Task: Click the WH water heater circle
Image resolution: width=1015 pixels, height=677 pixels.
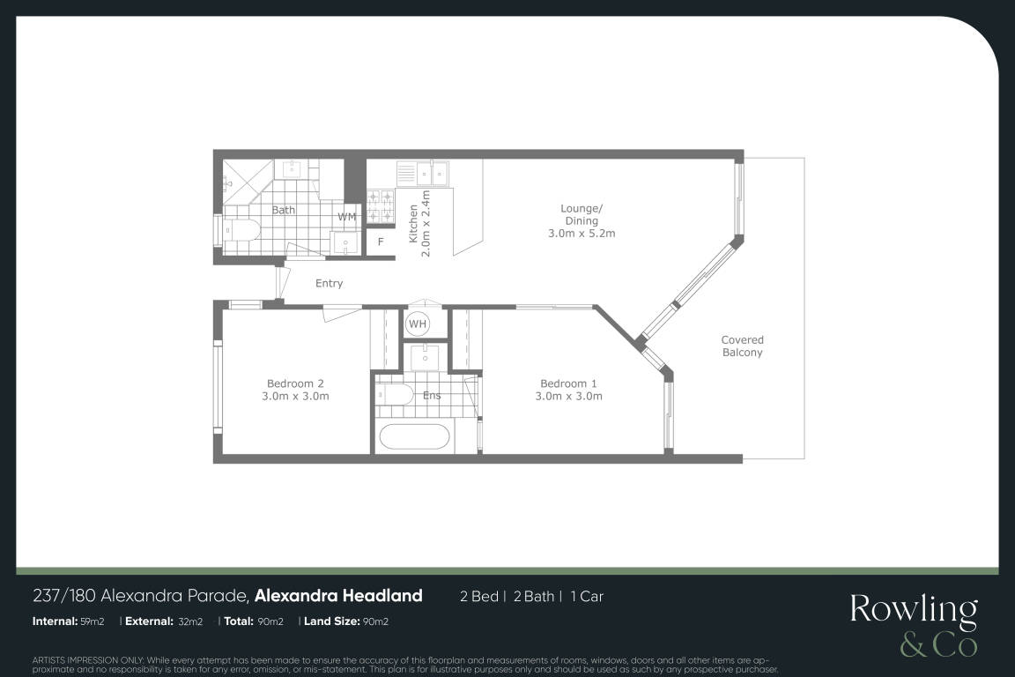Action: (418, 324)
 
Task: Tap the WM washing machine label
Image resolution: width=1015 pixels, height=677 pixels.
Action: (347, 217)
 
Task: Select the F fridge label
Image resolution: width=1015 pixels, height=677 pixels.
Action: (381, 242)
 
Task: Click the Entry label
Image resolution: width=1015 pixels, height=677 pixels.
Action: (329, 283)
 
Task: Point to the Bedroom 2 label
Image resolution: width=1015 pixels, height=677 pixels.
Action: (295, 383)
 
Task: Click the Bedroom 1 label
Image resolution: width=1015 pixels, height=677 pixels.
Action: (568, 383)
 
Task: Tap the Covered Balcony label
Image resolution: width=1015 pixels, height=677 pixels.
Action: (743, 346)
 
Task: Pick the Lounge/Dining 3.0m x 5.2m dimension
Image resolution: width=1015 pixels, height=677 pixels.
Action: (582, 234)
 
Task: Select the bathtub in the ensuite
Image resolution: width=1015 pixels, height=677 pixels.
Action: (414, 435)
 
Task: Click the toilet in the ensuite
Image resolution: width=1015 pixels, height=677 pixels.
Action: (395, 394)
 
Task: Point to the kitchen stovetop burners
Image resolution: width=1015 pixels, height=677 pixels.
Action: (381, 205)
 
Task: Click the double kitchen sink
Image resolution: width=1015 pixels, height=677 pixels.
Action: (432, 173)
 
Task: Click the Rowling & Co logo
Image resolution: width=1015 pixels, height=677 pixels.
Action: (914, 624)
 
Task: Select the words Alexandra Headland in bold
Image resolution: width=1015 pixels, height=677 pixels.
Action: (338, 596)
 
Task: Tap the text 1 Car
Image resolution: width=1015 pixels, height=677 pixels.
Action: (587, 597)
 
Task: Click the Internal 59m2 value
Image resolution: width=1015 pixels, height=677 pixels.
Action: (92, 621)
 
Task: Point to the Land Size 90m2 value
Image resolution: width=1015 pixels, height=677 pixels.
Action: (375, 621)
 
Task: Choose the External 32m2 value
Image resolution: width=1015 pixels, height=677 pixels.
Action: (190, 621)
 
